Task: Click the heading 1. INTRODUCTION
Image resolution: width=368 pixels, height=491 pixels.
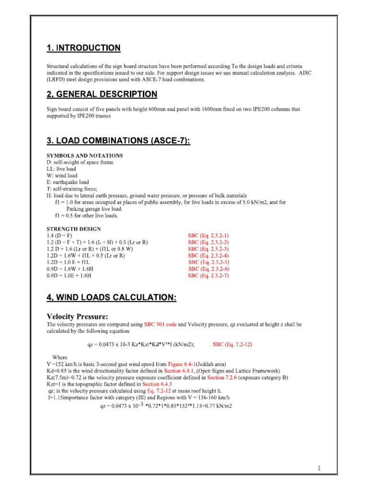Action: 83,48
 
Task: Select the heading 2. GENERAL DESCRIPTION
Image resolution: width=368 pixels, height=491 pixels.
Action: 102,94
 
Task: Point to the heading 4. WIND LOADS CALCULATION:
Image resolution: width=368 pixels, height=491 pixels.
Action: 111,298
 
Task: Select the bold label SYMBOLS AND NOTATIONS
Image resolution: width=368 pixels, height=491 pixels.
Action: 84,156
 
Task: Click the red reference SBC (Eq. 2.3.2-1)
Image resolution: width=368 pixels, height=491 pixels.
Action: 208,236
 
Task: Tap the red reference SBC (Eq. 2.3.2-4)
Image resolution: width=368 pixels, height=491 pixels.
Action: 208,256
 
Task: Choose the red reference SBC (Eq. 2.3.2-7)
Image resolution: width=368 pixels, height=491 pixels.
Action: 208,276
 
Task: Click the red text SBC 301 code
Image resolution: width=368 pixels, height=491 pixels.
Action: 160,325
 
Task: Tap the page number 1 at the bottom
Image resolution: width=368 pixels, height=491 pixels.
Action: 318,468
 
